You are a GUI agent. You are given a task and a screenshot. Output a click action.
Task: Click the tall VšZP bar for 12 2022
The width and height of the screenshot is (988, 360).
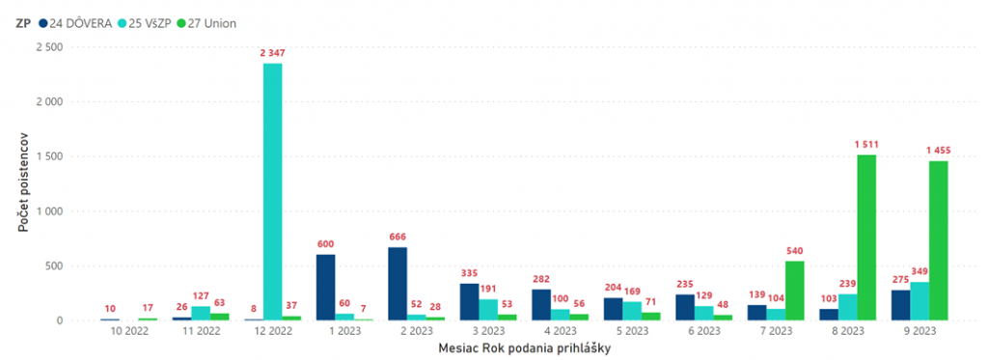272,191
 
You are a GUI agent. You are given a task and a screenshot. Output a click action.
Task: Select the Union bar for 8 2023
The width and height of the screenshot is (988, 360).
865,237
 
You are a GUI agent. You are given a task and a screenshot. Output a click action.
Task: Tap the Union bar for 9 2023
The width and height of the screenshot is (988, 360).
938,240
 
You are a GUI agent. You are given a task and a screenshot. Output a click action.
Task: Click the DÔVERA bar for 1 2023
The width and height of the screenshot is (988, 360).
326,287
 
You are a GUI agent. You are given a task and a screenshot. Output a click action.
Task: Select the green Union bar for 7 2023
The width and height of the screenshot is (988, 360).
794,291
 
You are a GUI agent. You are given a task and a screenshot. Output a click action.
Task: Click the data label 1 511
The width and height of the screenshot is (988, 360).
865,145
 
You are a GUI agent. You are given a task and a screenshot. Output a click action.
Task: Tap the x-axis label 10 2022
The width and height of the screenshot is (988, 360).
129,332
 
